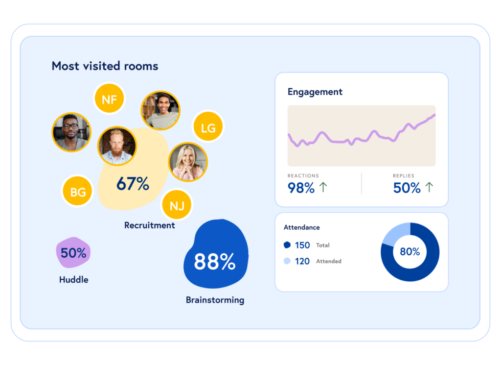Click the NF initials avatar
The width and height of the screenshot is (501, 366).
[109, 99]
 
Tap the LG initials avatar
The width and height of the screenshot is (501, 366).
[208, 128]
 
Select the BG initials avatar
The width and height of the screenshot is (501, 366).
[78, 192]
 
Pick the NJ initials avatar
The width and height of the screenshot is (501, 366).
[177, 205]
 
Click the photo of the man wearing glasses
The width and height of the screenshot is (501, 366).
[71, 132]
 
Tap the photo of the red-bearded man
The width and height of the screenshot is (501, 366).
[117, 146]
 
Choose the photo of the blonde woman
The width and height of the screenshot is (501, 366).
[188, 162]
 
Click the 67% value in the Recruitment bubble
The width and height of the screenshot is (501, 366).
[133, 184]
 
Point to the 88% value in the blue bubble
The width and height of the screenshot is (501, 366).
[214, 262]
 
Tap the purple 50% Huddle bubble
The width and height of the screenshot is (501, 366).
[73, 253]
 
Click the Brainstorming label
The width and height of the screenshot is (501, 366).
[215, 300]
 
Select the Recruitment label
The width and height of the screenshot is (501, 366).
[149, 225]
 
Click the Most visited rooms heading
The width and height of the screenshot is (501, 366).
[105, 66]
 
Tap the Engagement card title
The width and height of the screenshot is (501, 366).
[315, 92]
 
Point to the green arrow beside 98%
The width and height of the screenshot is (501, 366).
[323, 187]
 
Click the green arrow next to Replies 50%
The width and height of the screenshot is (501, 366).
[429, 187]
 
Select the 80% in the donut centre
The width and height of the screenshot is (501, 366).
[410, 252]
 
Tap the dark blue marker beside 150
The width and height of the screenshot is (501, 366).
[287, 245]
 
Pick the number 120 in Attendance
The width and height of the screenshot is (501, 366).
[302, 261]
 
